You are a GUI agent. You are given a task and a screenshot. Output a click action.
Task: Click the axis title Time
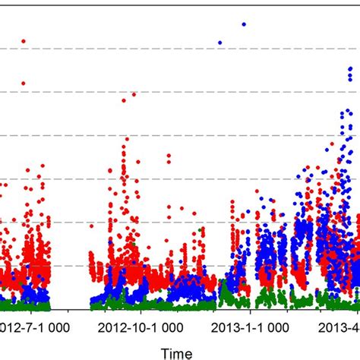[x=175, y=352]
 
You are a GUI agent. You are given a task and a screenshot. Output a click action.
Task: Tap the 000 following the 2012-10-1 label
[x=171, y=327]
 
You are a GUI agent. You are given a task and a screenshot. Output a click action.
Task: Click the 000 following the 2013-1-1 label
[x=277, y=327]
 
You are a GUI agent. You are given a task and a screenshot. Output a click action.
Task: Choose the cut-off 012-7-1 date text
[x=18, y=327]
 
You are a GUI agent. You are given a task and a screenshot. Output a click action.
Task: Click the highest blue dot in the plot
[x=244, y=24]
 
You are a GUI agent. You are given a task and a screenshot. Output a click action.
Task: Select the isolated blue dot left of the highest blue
[x=219, y=43]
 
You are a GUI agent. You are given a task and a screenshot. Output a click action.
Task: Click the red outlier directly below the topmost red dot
[x=24, y=83]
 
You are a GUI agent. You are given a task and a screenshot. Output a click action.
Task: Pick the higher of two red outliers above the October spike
[x=134, y=94]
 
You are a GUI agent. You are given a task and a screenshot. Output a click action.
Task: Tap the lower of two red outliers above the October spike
[x=124, y=100]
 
